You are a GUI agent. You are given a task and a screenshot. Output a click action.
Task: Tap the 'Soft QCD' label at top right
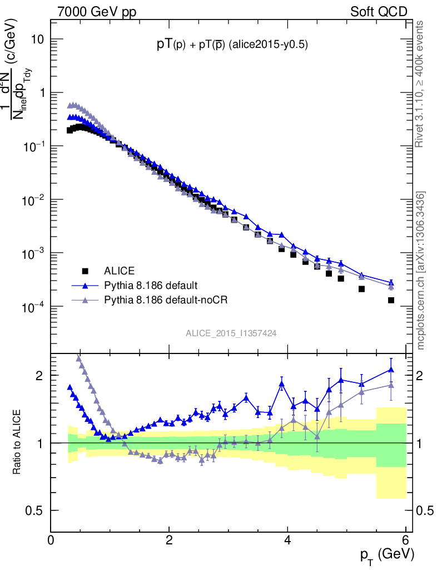[379, 11]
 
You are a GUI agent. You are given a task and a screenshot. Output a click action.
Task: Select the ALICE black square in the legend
[85, 271]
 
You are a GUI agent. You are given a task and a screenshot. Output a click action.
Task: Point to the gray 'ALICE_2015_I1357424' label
[231, 333]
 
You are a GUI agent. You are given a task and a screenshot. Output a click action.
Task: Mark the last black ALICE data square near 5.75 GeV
[391, 300]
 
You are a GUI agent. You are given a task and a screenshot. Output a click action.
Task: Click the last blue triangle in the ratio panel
[391, 369]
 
